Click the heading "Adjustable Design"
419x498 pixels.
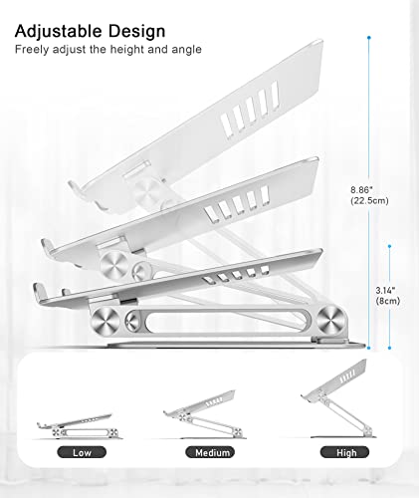90,32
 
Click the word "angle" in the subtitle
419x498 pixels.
186,50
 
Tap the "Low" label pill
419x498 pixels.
82,452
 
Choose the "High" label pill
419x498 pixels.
344,452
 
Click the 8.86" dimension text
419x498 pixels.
362,190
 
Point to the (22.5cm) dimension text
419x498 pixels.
369,201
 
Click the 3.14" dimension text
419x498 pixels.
385,291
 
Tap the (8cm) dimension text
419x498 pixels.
388,301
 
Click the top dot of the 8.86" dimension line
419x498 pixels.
369,38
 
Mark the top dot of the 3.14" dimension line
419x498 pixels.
389,246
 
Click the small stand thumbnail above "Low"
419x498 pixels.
79,426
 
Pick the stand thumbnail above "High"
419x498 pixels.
338,398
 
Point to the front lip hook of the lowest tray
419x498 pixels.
39,291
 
